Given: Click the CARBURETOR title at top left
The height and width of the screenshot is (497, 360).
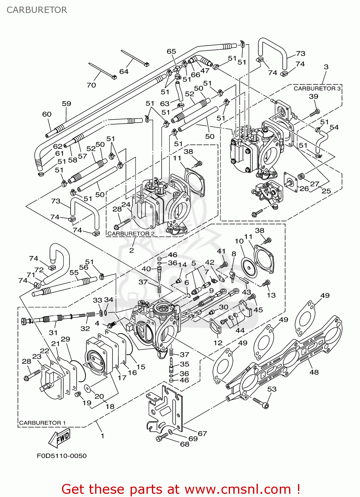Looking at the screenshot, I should (x=37, y=10).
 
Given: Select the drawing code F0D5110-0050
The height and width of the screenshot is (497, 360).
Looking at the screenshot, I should (x=62, y=456).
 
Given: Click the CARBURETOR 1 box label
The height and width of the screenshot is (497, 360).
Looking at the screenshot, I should (x=42, y=423).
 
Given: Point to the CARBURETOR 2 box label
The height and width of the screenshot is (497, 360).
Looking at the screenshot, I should (x=131, y=234).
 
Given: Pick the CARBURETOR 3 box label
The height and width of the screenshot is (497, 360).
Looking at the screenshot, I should (x=317, y=88).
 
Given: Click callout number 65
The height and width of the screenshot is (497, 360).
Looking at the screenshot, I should (x=171, y=51).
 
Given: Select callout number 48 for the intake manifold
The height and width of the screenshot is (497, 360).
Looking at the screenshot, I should (x=314, y=372).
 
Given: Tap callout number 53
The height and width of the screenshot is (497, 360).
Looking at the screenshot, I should (x=272, y=389).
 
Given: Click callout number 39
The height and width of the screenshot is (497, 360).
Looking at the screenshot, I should (x=314, y=96).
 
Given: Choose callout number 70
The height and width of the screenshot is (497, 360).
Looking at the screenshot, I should (x=91, y=85).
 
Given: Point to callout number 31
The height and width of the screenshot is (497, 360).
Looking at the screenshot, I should (x=53, y=332).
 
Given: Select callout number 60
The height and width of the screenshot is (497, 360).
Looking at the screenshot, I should (x=47, y=114).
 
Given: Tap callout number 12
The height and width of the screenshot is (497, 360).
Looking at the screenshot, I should (x=218, y=343).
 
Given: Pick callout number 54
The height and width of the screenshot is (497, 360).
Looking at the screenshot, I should (x=334, y=127).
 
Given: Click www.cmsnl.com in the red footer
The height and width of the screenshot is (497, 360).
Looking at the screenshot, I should (x=238, y=489).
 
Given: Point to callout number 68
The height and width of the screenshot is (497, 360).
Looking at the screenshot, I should (x=185, y=444).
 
